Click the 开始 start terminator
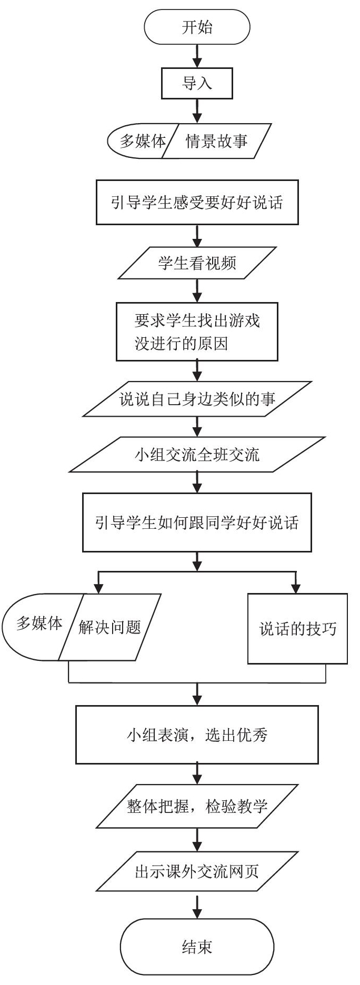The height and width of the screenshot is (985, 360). coord(197,28)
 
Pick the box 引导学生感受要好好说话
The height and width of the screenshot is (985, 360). coord(197,203)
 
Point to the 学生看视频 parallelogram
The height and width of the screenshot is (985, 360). coord(197,263)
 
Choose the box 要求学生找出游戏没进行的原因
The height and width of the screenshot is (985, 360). coord(197,331)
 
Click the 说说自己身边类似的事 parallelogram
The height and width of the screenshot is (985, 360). coord(197,400)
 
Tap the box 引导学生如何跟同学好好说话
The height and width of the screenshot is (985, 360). coord(197,522)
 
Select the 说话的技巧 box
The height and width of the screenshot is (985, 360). coord(297,628)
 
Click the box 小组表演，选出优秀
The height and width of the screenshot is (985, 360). coord(197,735)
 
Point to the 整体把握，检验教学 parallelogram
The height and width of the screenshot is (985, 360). coord(197,807)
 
